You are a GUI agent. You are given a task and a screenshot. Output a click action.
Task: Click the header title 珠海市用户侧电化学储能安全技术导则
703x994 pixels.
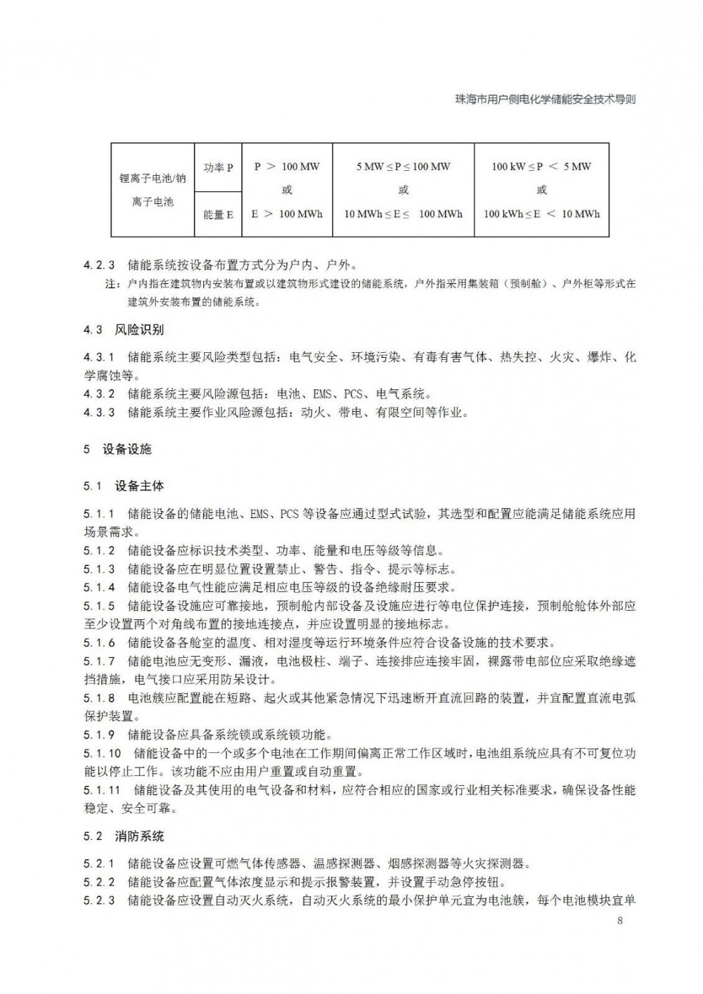pyautogui.click(x=546, y=99)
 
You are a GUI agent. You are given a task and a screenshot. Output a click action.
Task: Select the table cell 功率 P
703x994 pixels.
pyautogui.click(x=218, y=168)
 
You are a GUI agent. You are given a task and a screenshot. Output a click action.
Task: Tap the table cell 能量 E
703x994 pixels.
pyautogui.click(x=218, y=214)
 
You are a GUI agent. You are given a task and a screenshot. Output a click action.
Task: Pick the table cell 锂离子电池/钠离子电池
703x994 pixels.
pyautogui.click(x=153, y=190)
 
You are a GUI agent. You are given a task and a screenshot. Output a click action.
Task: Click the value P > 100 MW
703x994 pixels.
pyautogui.click(x=287, y=167)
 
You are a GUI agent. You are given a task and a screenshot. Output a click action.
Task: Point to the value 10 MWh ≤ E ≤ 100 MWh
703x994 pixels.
pyautogui.click(x=403, y=214)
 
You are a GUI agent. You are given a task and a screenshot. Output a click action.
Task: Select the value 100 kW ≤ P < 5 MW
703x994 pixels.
pyautogui.click(x=541, y=167)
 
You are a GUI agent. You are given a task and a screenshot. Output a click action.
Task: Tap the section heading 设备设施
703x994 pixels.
pyautogui.click(x=127, y=449)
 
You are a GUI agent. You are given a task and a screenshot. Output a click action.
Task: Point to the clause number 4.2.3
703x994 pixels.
pyautogui.click(x=99, y=266)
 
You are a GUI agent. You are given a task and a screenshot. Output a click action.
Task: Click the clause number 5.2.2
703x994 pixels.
pyautogui.click(x=99, y=882)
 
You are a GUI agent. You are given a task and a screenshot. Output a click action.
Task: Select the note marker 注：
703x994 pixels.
pyautogui.click(x=113, y=285)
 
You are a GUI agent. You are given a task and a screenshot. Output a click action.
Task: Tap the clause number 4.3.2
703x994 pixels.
pyautogui.click(x=99, y=394)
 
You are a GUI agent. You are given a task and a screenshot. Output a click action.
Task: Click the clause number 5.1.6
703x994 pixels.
pyautogui.click(x=99, y=643)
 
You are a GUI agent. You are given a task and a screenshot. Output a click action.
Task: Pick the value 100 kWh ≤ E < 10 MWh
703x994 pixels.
pyautogui.click(x=541, y=214)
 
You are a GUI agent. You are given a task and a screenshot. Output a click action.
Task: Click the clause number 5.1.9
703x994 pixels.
pyautogui.click(x=99, y=735)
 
